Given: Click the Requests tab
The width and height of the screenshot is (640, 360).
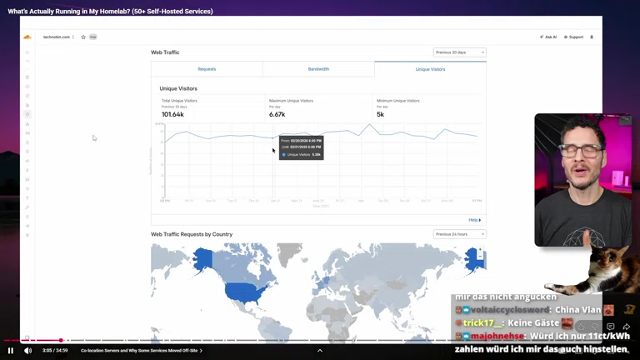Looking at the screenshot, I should click(x=207, y=69).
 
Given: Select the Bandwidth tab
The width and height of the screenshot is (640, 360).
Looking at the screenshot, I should click(x=318, y=69).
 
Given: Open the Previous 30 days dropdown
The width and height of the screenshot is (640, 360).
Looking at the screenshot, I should click(x=459, y=52).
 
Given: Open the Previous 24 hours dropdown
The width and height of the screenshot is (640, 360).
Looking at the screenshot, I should click(x=459, y=234).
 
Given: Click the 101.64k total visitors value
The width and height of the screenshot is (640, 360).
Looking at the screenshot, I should click(x=172, y=114).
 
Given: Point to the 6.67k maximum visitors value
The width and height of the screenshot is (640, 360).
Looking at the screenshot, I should click(x=277, y=114).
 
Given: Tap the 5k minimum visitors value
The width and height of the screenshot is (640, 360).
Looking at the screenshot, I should click(x=380, y=114).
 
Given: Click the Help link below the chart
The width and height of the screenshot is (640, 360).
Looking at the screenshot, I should click(x=474, y=220).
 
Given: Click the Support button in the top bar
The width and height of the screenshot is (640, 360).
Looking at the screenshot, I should click(x=573, y=37).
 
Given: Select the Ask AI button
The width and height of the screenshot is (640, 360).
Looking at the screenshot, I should click(x=548, y=37).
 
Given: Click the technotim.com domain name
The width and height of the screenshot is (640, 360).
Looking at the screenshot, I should click(x=57, y=37).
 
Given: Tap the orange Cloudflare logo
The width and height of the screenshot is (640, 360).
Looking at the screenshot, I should click(x=27, y=37).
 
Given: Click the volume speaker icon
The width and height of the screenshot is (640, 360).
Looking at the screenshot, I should click(x=27, y=351).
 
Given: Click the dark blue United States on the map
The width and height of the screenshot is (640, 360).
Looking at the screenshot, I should click(x=241, y=292).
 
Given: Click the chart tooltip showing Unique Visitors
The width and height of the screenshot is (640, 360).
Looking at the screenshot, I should click(x=301, y=147).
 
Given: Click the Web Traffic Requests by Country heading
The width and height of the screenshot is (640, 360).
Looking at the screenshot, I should click(x=192, y=234).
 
